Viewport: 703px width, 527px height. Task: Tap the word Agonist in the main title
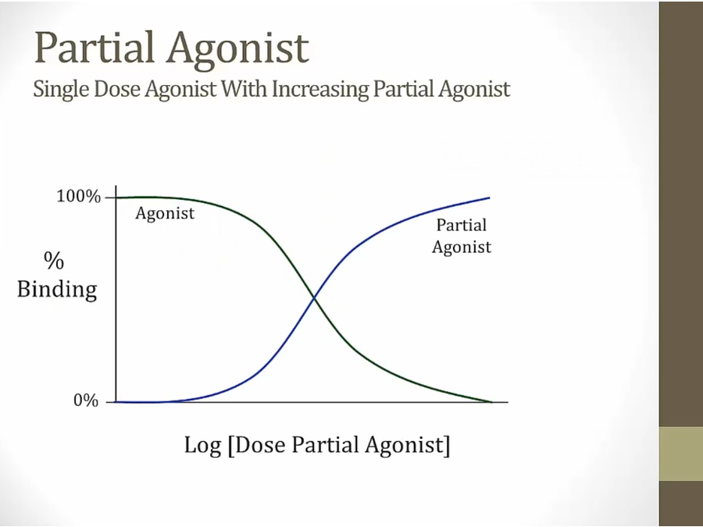point(238,50)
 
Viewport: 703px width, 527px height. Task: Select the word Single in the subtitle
point(60,89)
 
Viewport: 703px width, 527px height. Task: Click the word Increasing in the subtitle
point(319,89)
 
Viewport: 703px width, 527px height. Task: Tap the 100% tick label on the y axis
point(78,197)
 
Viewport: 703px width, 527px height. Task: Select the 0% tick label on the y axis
point(86,401)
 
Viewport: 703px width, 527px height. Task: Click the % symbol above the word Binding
point(54,260)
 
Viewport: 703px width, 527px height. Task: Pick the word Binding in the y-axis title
point(57,290)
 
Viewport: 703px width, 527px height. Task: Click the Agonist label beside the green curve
point(165,214)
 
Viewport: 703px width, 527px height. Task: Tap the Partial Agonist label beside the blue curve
point(462,236)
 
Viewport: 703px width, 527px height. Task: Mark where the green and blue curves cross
point(314,297)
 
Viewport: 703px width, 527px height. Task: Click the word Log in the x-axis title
point(202,446)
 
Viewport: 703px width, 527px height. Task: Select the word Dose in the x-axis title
point(259,445)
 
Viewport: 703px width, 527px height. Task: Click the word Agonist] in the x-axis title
point(407,446)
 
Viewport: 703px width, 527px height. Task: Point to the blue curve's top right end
point(489,198)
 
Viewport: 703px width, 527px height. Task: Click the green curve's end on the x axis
point(492,402)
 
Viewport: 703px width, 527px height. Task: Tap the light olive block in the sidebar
point(681,454)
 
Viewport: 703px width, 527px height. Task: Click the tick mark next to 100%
point(110,198)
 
